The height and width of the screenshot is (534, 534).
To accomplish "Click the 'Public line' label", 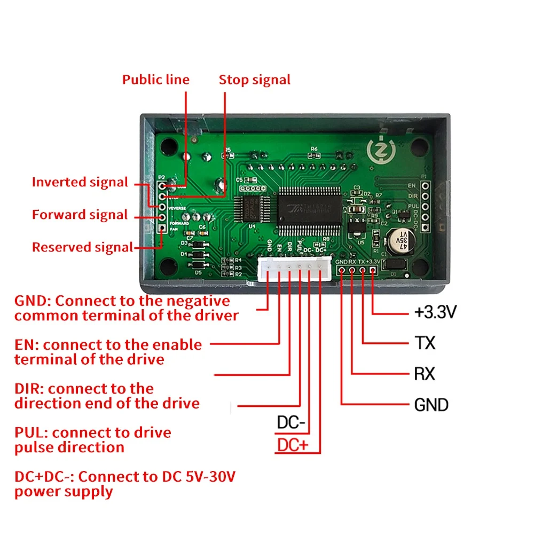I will tap(155, 80).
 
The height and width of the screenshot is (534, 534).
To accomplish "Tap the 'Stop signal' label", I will tap(255, 80).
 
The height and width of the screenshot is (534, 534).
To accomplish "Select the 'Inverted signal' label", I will tap(80, 182).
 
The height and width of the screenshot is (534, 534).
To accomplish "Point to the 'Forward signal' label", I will tap(80, 215).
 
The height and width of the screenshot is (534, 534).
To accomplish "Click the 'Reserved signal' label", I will tap(82, 247).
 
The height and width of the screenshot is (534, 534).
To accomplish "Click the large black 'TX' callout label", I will tap(425, 343).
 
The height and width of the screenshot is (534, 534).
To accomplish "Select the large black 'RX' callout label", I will tap(425, 373).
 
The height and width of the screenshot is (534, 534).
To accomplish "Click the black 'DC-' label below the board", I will tap(291, 423).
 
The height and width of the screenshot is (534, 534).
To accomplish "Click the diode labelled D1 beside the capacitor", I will tap(396, 265).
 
